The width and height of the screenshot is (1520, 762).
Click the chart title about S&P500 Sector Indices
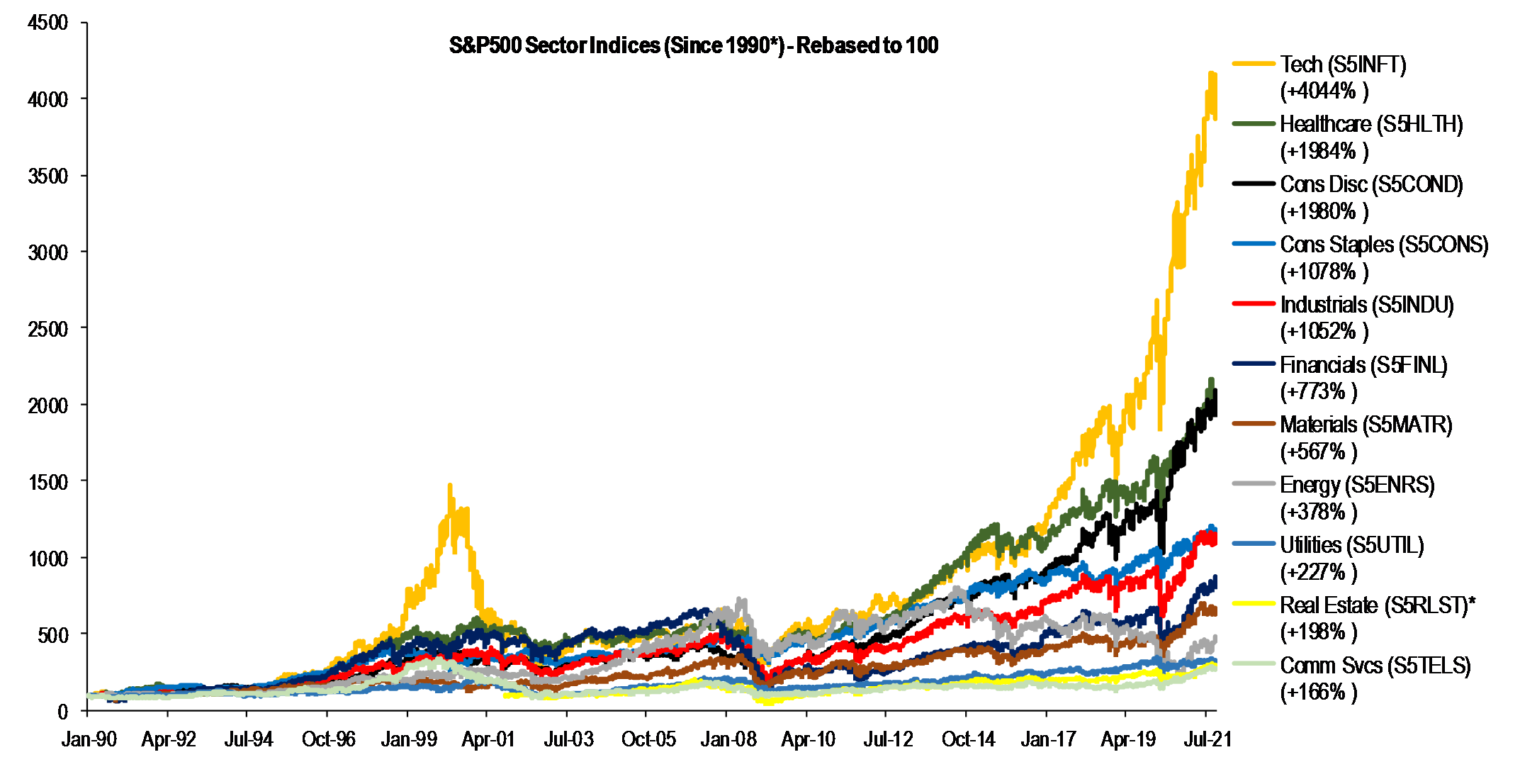pyautogui.click(x=693, y=45)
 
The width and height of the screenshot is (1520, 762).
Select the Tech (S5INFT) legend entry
pyautogui.click(x=1342, y=65)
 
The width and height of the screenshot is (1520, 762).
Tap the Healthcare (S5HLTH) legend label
pyautogui.click(x=1370, y=125)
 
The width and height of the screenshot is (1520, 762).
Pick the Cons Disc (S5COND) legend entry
pyautogui.click(x=1370, y=185)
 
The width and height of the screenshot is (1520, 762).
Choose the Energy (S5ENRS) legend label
pyautogui.click(x=1356, y=486)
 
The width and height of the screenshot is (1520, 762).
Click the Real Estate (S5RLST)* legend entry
pyautogui.click(x=1377, y=605)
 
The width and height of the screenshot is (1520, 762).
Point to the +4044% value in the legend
pyautogui.click(x=1324, y=91)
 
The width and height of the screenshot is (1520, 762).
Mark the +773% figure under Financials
pyautogui.click(x=1318, y=391)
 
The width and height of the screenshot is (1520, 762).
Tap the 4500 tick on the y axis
pyautogui.click(x=48, y=23)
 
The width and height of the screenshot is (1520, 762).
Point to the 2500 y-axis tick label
pyautogui.click(x=48, y=329)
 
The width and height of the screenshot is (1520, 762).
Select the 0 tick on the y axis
pyautogui.click(x=62, y=711)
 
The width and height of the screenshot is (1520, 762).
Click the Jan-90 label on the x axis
pyautogui.click(x=89, y=739)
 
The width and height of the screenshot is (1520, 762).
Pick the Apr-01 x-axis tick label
pyautogui.click(x=488, y=739)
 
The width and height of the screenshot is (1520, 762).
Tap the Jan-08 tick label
pyautogui.click(x=728, y=739)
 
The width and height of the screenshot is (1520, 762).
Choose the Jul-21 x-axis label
pyautogui.click(x=1207, y=739)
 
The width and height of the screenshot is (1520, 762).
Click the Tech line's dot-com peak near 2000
pyautogui.click(x=449, y=486)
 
